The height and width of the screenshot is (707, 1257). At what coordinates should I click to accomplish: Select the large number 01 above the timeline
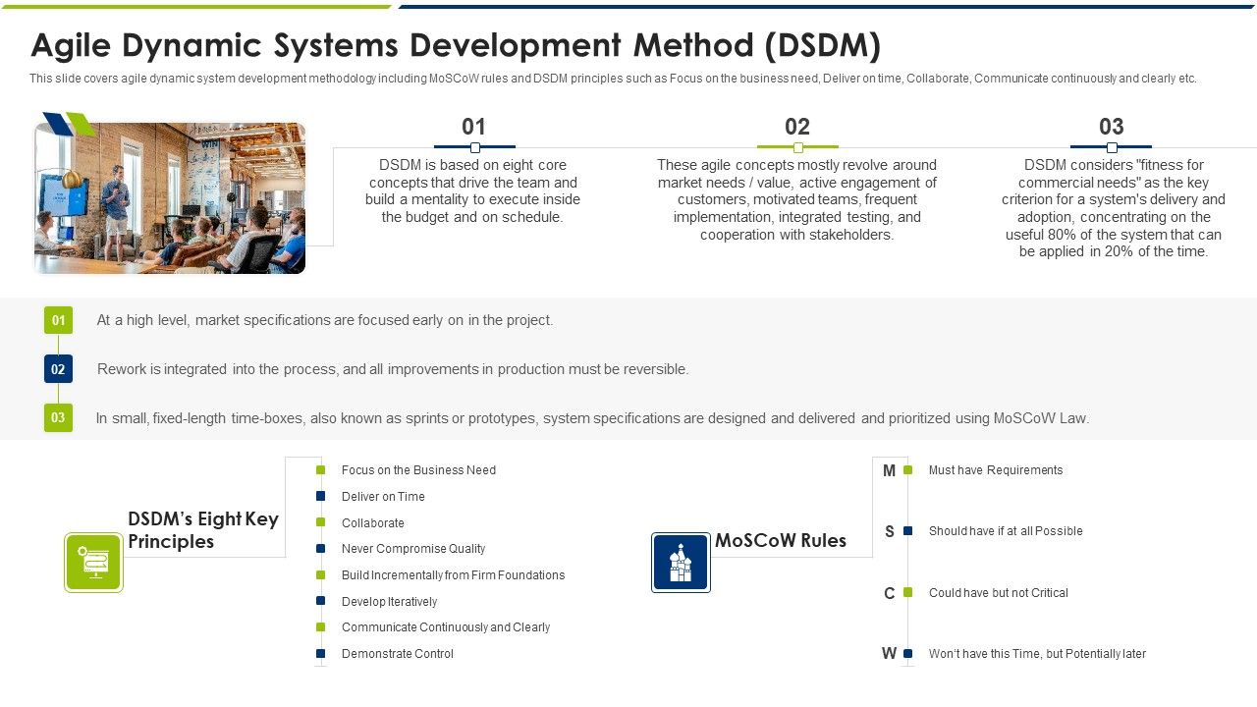[x=473, y=127]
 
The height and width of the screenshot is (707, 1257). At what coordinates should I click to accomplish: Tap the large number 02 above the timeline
[x=797, y=127]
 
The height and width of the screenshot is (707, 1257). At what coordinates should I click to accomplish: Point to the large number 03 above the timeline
[x=1111, y=127]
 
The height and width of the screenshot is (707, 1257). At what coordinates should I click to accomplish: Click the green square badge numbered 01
[x=58, y=320]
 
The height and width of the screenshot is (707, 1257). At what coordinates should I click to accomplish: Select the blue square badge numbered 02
[x=58, y=369]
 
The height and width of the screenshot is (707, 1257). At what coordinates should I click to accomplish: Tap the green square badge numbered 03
[x=58, y=417]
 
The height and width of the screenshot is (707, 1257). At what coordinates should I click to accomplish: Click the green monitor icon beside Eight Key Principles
[x=93, y=563]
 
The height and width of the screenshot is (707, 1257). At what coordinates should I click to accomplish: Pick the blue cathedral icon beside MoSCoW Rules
[x=681, y=563]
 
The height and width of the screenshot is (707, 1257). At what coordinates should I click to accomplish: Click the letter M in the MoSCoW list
[x=889, y=471]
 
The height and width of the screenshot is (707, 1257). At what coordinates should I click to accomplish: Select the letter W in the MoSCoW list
[x=889, y=654]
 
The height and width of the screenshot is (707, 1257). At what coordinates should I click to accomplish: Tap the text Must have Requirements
[x=995, y=470]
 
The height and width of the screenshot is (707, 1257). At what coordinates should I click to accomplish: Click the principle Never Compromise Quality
[x=412, y=549]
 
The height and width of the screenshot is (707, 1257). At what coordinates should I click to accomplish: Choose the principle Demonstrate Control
[x=397, y=654]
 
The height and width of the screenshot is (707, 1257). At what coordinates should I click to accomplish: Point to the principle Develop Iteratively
[x=389, y=602]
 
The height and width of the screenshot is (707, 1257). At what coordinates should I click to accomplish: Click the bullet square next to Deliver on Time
[x=320, y=497]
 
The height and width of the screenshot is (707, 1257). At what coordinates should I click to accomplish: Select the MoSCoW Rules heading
[x=780, y=541]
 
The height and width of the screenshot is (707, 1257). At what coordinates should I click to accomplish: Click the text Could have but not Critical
[x=998, y=593]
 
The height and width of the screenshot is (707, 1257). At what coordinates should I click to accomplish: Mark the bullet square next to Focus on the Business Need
[x=320, y=470]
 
